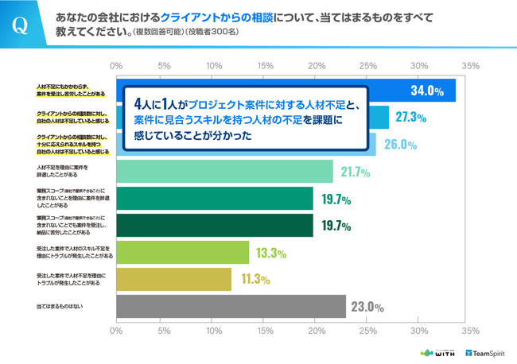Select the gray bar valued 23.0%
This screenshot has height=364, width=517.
point(231,306)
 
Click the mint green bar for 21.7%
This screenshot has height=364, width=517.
point(224,171)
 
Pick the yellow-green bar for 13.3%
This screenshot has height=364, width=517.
point(183,252)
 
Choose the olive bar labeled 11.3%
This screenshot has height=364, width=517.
point(173,279)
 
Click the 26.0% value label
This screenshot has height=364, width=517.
point(399,144)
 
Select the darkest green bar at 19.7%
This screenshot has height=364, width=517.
point(215,225)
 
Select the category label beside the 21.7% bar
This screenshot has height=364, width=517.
point(66,171)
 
